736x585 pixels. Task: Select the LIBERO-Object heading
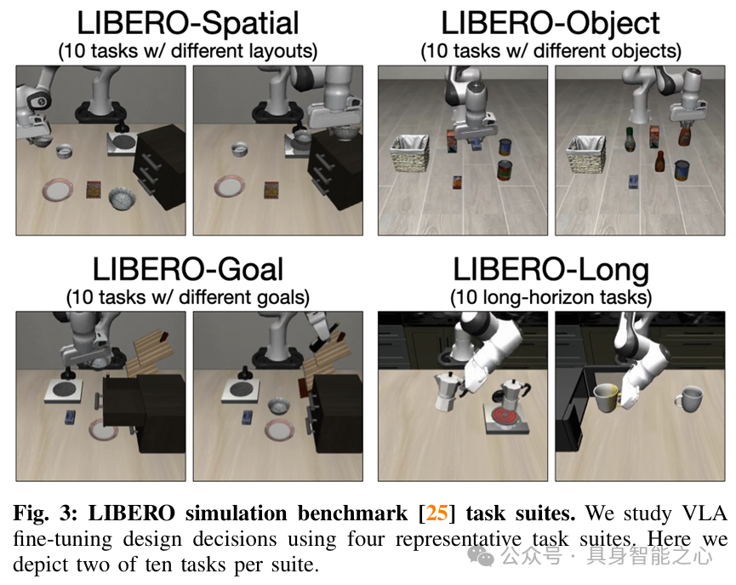[x=551, y=23]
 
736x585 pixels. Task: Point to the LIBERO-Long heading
[x=551, y=270]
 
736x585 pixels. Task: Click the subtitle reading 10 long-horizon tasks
[x=551, y=297]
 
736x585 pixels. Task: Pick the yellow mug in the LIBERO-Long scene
[x=605, y=396]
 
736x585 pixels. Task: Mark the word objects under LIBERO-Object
[x=647, y=50]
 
